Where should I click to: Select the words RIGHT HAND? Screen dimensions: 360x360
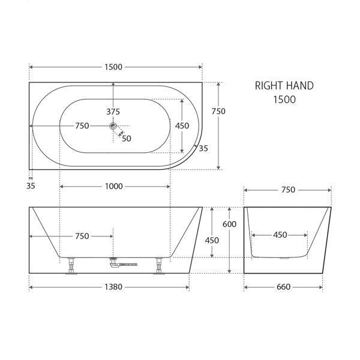pyautogui.click(x=284, y=86)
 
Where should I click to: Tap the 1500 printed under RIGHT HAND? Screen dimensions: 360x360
pyautogui.click(x=284, y=100)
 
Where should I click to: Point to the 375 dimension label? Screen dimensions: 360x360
pyautogui.click(x=113, y=112)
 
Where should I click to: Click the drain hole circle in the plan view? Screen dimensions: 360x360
pyautogui.click(x=113, y=126)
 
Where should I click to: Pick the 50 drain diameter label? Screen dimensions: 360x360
pyautogui.click(x=127, y=138)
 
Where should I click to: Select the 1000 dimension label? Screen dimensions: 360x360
pyautogui.click(x=113, y=186)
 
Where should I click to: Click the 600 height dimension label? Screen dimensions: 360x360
pyautogui.click(x=229, y=224)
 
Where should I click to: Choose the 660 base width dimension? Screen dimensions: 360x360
pyautogui.click(x=283, y=287)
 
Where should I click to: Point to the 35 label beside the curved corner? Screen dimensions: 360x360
pyautogui.click(x=203, y=148)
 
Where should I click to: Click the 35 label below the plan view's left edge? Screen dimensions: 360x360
pyautogui.click(x=31, y=186)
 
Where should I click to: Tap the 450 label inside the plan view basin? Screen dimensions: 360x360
pyautogui.click(x=182, y=126)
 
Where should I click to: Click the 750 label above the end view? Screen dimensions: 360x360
pyautogui.click(x=287, y=190)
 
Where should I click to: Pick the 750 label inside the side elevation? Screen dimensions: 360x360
pyautogui.click(x=82, y=236)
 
